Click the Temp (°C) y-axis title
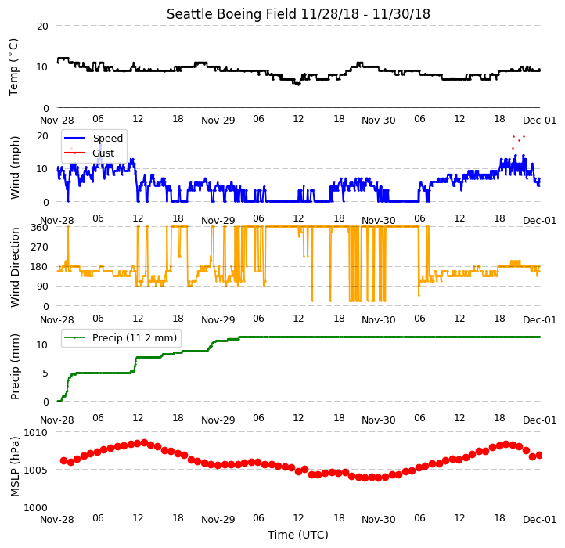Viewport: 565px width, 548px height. tap(13, 67)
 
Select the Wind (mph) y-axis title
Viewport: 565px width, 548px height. tap(14, 168)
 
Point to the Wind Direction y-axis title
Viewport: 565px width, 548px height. tap(14, 267)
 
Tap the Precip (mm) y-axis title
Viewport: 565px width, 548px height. tap(14, 366)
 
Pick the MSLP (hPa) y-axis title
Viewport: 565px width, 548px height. tap(14, 467)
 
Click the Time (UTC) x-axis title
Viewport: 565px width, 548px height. tap(298, 535)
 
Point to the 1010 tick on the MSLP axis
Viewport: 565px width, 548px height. tap(36, 432)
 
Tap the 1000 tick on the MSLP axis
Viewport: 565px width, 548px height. tap(36, 507)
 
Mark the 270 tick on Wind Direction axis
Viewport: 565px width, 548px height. tap(40, 247)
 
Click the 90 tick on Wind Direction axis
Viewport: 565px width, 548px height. tap(42, 287)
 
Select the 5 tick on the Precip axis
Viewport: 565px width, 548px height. tap(45, 373)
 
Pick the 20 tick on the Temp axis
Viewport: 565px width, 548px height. tap(42, 26)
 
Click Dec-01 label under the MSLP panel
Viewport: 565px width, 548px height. tap(540, 520)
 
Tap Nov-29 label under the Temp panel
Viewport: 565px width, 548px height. tap(218, 120)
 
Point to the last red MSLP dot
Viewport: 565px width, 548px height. tap(539, 456)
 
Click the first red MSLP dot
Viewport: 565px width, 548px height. tap(64, 461)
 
